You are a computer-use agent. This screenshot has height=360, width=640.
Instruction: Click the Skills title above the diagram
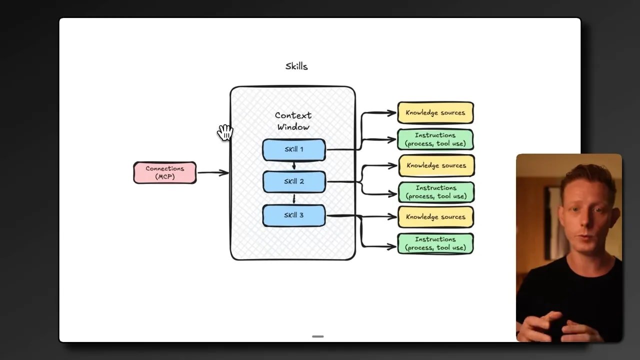[x=296, y=66]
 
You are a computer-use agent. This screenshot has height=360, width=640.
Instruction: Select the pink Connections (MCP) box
[x=165, y=172]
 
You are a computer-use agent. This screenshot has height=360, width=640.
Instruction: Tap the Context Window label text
[x=293, y=121]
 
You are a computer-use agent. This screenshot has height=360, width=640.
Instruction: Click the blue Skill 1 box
[x=294, y=149]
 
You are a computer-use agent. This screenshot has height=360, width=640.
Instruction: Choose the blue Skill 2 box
[x=294, y=181]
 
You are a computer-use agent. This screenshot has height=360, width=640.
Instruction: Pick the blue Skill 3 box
[x=294, y=215]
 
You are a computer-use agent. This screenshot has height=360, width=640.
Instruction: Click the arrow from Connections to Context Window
[x=213, y=173]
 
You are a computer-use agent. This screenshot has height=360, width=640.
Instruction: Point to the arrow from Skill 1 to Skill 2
[x=294, y=165]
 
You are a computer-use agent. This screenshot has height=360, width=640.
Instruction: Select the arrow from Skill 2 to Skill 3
[x=294, y=198]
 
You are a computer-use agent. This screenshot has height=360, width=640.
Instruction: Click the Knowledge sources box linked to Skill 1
[x=435, y=113]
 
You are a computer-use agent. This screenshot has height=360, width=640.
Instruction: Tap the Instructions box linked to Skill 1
[x=435, y=139]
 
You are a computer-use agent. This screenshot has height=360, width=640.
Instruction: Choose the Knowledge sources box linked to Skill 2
[x=436, y=165]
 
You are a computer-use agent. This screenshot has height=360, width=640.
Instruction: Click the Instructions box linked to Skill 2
[x=436, y=192]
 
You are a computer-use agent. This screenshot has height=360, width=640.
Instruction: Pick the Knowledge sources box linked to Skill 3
[x=435, y=217]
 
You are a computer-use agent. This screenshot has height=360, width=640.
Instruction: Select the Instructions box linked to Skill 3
[x=435, y=243]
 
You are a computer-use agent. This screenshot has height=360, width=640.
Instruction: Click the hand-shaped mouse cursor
[x=225, y=132]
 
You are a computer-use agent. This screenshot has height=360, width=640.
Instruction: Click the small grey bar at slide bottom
[x=317, y=336]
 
